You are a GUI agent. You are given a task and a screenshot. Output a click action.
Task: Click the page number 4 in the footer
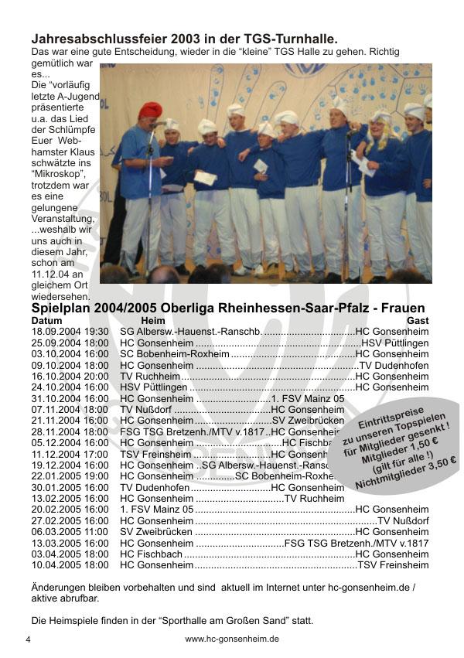click(x=28, y=640)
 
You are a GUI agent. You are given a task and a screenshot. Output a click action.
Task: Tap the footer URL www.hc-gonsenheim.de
click(x=232, y=639)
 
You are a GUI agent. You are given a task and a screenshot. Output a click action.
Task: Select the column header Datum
click(x=47, y=320)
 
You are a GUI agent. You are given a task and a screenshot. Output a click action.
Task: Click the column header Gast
click(x=417, y=320)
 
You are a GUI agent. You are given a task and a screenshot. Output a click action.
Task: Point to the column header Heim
click(x=153, y=320)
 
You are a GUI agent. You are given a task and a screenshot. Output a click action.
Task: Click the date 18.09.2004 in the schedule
click(x=57, y=332)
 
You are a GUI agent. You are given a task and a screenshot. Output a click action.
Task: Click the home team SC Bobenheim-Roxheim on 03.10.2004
click(x=175, y=354)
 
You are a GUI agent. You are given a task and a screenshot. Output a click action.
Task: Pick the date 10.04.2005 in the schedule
click(x=57, y=565)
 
